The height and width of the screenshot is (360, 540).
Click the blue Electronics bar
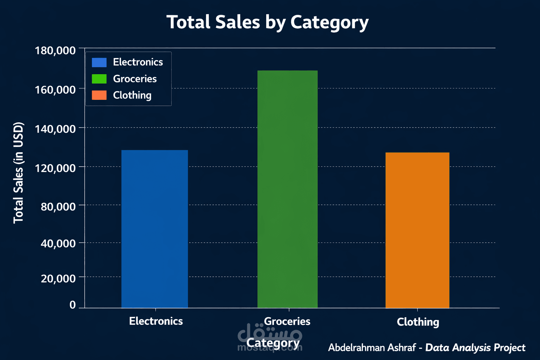tap(155, 229)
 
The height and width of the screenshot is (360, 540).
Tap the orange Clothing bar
tap(417, 230)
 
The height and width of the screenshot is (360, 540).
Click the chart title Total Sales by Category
tap(268, 22)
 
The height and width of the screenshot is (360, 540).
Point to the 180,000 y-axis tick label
tap(55, 51)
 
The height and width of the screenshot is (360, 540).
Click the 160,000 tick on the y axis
tap(55, 90)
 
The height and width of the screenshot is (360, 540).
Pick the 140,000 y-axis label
tap(55, 129)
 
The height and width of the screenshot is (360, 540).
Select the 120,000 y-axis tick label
tap(55, 168)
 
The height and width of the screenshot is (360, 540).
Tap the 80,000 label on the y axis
tap(58, 206)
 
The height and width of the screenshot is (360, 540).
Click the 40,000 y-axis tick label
tap(58, 243)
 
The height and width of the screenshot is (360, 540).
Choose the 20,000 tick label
tap(58, 278)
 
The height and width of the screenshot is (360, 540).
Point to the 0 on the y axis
tap(72, 305)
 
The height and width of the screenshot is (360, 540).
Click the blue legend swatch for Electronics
tap(99, 62)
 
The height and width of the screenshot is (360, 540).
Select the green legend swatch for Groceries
tap(99, 79)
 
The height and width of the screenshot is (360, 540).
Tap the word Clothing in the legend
tap(132, 95)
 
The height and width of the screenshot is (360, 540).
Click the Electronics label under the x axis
tap(156, 321)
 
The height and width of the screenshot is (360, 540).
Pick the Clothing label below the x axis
tap(418, 322)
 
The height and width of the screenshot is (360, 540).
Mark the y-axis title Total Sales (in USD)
tap(18, 173)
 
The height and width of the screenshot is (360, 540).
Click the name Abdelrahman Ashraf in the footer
tap(372, 348)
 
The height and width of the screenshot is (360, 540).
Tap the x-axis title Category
tap(273, 343)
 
